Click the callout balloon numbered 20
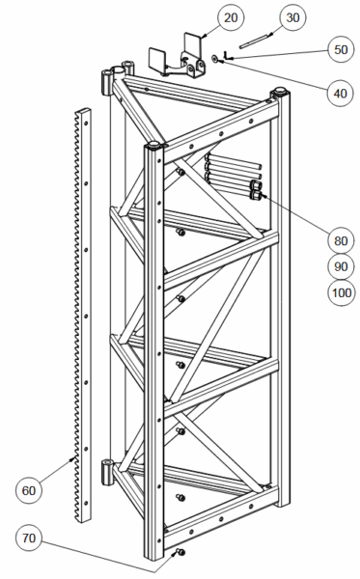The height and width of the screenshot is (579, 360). pos(231,17)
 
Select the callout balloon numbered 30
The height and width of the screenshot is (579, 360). pos(292,17)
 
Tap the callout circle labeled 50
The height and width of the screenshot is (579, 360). pos(341,49)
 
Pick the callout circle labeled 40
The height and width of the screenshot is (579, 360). pos(341,93)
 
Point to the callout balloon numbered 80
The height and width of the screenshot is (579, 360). pos(341,240)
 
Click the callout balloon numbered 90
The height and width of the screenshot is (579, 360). pos(341,266)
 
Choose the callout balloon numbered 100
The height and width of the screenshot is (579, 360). pos(342,292)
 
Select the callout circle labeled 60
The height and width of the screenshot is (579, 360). pos(29,490)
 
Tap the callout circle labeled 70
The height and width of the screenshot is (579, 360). pos(29,538)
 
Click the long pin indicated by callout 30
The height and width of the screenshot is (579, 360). pos(255,41)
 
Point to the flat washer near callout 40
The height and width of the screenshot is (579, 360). pos(214,58)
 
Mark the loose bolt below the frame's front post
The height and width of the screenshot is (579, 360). pos(180,552)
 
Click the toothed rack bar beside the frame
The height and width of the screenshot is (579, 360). pos(83,315)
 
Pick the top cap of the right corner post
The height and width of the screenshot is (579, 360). pos(280,90)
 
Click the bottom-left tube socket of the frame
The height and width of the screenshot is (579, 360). pos(107,472)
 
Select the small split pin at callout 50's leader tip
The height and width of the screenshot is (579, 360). pos(227,56)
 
